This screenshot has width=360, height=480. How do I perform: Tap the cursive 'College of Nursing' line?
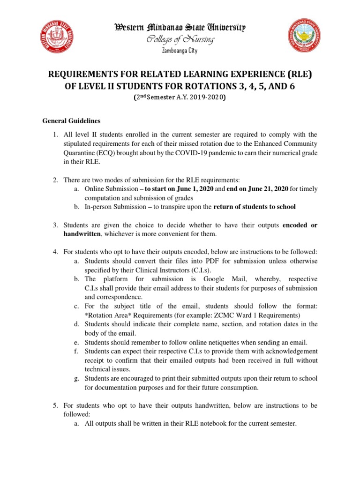click(x=180, y=40)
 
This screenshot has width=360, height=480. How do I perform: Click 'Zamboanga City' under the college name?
click(x=180, y=51)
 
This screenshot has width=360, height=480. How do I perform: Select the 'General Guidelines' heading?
click(x=71, y=121)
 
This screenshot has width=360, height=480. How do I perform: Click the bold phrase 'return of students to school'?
click(x=255, y=207)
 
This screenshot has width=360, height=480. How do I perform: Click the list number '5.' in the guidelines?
click(x=54, y=405)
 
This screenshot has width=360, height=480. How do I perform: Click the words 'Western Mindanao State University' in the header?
click(x=180, y=28)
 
